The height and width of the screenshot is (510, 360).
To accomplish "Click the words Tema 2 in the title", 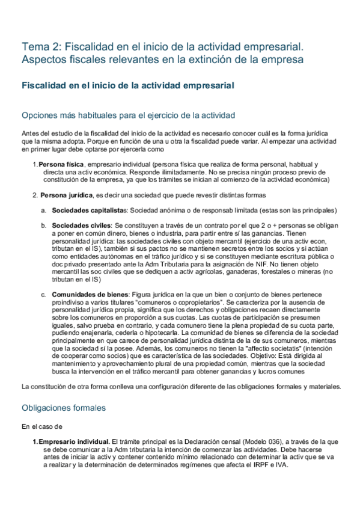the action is [40, 46].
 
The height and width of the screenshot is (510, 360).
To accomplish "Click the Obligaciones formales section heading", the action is [64, 407].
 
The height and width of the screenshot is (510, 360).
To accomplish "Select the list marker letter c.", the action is [43, 293].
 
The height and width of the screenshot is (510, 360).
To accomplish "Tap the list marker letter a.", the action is [43, 210].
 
